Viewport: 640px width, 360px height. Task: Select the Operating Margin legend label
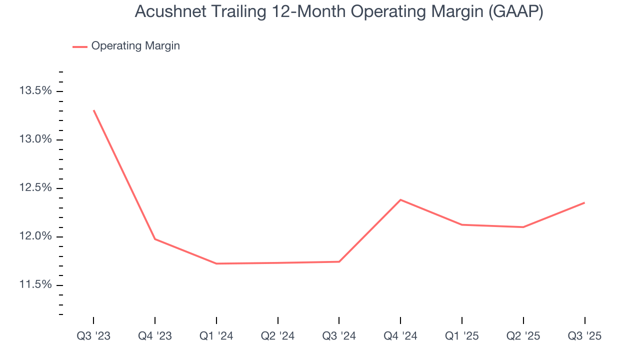[x=135, y=46]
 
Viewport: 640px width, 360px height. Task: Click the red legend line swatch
[x=80, y=46]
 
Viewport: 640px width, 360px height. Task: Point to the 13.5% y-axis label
[x=35, y=91]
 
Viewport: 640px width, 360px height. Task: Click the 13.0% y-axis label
[x=35, y=139]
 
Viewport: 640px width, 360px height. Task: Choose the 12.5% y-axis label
[x=35, y=188]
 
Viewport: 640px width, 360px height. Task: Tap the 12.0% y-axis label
[x=35, y=236]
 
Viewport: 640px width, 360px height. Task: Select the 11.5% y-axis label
[x=35, y=285]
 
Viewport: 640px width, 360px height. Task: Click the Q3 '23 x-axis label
[x=93, y=336]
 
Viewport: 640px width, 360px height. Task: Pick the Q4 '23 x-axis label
[x=155, y=336]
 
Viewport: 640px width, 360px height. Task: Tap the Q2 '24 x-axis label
[x=277, y=336]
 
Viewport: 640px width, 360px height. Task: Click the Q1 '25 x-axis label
[x=461, y=336]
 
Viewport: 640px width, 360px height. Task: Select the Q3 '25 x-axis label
[x=584, y=336]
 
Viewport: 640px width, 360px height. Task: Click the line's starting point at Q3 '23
[x=93, y=110]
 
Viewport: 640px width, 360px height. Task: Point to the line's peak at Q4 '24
[x=400, y=199]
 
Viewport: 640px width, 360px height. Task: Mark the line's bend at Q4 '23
[x=155, y=239]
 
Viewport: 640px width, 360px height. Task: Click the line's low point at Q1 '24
[x=216, y=263]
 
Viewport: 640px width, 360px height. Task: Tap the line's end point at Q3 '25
[x=584, y=202]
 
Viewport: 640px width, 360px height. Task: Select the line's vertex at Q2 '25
[x=523, y=227]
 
